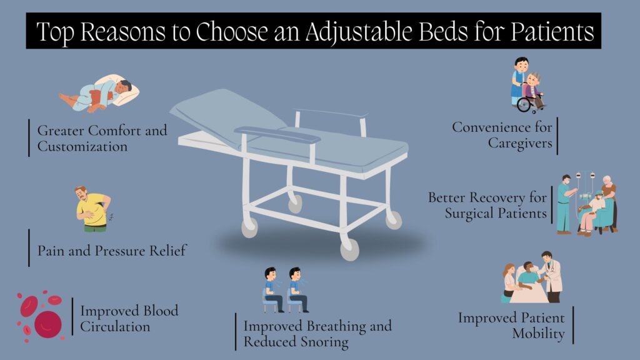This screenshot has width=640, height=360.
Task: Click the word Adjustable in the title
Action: coord(359,32)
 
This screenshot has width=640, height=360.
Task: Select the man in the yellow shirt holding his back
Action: coord(93,209)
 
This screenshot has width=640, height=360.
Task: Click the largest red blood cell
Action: coord(47,324)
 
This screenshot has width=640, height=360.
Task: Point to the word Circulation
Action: coord(115,326)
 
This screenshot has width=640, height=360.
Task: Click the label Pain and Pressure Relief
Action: coord(112,250)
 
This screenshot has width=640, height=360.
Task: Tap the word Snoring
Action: coord(324,342)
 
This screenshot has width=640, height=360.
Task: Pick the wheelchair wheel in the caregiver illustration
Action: coord(524,104)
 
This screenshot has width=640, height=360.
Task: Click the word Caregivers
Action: coord(520,143)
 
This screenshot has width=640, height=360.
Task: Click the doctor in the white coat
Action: coord(551,277)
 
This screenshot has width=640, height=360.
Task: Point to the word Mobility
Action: coord(538,334)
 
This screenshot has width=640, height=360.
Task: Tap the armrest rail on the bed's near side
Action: coord(277,134)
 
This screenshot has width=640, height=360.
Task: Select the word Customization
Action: coord(82,146)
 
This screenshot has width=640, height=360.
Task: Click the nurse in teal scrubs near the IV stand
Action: coord(564,204)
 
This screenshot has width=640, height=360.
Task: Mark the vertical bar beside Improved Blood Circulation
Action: coord(72,316)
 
